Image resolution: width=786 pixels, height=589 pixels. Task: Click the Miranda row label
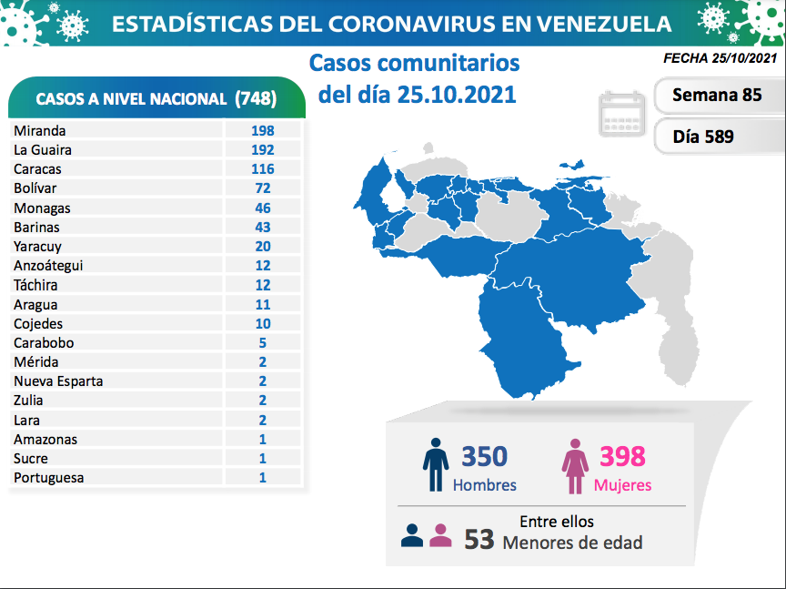coord(40,130)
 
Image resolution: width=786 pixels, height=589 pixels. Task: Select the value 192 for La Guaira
coord(263,149)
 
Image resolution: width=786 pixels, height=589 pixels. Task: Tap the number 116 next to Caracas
coord(263,168)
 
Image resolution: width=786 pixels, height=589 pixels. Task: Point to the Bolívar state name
coord(35,188)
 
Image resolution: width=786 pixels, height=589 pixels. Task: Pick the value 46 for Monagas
coord(263,208)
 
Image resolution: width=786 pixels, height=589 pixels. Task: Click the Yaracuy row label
coord(38,247)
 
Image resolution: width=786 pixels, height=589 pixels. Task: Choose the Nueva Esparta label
coord(58,381)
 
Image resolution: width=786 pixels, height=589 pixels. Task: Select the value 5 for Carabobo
coord(263,343)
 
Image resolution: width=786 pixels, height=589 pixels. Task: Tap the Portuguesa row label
coord(49,478)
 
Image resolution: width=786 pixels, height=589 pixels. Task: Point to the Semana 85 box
coord(717,95)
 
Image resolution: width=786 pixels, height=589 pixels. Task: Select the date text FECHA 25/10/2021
coord(720,58)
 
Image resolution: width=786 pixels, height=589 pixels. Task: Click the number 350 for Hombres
coord(484,455)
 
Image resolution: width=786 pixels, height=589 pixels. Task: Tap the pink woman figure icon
coord(575,466)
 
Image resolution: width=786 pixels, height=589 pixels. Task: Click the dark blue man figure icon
coord(436,466)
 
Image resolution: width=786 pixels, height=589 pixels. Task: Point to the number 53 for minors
coord(479,540)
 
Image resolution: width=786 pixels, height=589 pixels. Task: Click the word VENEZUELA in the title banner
coord(589,23)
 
